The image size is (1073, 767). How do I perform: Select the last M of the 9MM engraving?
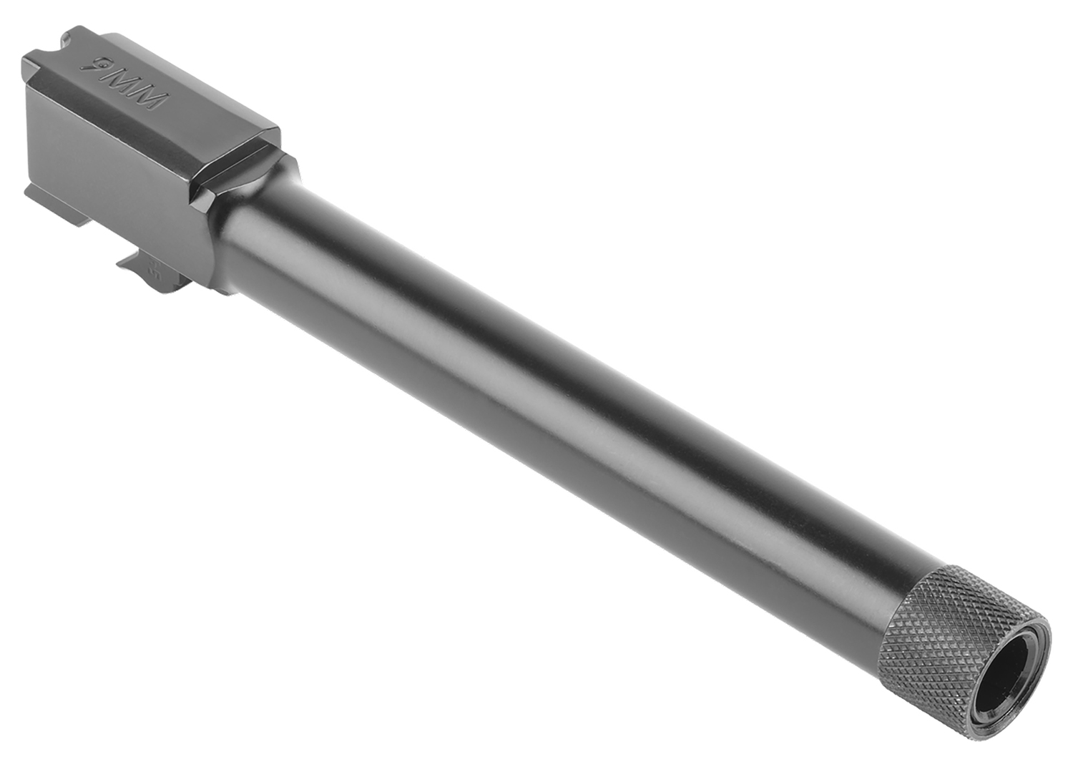click(150, 100)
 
